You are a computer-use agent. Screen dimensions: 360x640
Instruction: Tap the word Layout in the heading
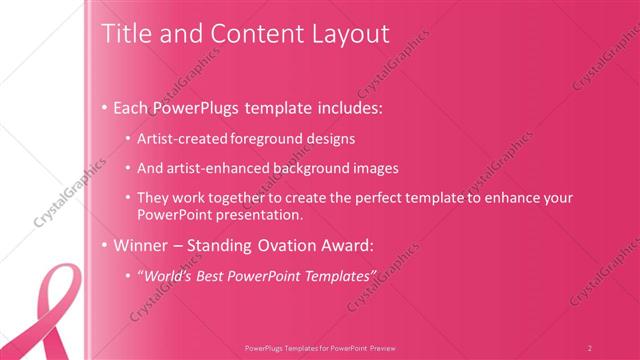pos(351,33)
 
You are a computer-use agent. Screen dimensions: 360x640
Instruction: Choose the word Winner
pos(140,244)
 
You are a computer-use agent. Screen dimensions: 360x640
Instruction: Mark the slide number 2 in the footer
pos(590,347)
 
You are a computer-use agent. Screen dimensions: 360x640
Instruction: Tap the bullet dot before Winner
pos(106,245)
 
